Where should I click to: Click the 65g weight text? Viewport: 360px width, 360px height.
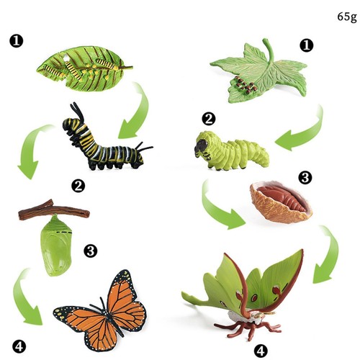[x=346, y=16]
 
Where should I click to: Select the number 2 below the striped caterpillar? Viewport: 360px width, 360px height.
[x=79, y=186]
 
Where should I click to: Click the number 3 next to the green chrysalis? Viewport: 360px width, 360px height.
[x=91, y=251]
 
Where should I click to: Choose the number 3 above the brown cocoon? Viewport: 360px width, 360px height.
[x=303, y=176]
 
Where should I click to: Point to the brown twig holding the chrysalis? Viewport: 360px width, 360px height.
[x=53, y=211]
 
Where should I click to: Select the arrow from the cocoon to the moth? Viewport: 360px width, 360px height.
[x=328, y=256]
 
